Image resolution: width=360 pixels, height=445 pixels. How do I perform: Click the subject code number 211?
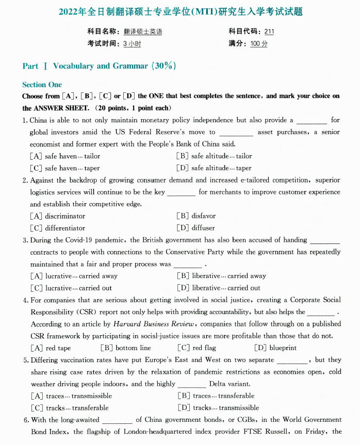(x=269, y=31)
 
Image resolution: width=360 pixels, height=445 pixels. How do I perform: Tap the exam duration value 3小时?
(x=132, y=44)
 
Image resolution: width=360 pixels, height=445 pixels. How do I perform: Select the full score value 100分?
(x=259, y=44)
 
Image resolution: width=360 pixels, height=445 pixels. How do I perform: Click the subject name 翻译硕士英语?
(x=143, y=31)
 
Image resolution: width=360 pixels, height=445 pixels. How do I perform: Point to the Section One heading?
(x=42, y=85)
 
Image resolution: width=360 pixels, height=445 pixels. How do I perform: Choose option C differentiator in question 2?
(x=58, y=228)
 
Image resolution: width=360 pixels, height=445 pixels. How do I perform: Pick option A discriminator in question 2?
(x=58, y=216)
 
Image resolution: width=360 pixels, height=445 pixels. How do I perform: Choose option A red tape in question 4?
(x=51, y=348)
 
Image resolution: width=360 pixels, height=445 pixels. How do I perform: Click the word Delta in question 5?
(x=218, y=384)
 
